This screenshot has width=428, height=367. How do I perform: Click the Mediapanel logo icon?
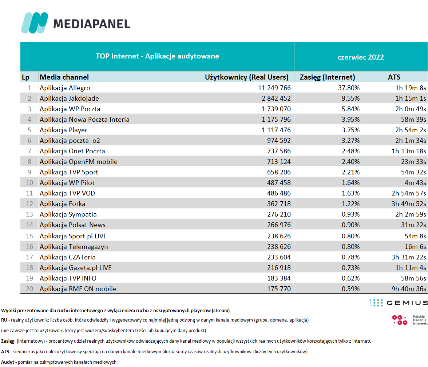[x=35, y=23]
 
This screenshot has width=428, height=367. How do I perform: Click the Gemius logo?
[x=399, y=303]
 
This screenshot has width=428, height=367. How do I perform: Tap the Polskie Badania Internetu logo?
[x=410, y=320]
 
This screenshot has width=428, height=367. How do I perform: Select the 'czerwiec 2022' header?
[x=361, y=57]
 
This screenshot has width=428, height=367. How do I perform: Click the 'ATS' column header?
[x=394, y=77]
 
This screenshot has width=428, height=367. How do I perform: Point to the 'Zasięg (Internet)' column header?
[x=327, y=77]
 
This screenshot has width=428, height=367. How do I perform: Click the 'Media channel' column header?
[x=64, y=77]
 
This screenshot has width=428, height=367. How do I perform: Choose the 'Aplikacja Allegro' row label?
[x=65, y=88]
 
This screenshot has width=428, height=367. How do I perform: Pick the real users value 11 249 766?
[x=274, y=88]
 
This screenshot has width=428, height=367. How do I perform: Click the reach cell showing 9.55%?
[x=350, y=98]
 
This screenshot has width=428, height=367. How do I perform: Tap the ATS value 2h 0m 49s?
[x=411, y=109]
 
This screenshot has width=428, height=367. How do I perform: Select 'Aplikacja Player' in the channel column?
[x=64, y=130]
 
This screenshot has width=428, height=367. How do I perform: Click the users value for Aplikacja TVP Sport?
[x=279, y=172]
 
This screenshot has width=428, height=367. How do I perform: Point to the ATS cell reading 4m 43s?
[x=415, y=182]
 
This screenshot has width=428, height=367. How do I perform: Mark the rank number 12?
[x=29, y=204]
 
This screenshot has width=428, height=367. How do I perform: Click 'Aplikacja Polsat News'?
[x=73, y=225]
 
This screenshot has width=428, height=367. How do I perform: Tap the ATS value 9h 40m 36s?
[x=409, y=289]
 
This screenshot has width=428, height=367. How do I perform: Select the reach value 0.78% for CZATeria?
[x=350, y=257]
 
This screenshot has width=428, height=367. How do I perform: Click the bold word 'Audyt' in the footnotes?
[x=8, y=362]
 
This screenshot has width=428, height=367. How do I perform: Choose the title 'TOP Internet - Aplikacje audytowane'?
[x=157, y=56]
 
